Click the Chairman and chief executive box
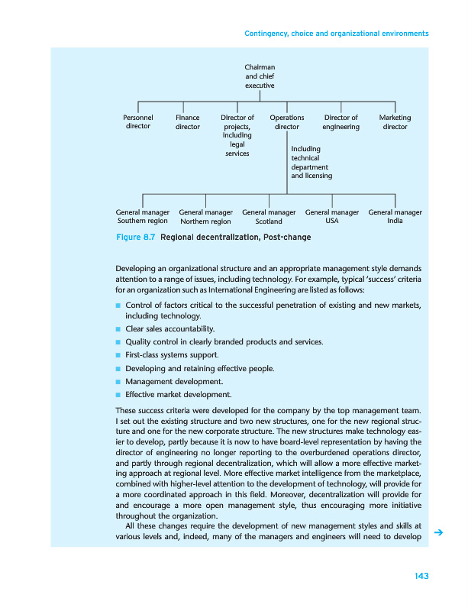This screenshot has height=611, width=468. click(259, 76)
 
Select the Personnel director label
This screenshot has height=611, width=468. click(138, 122)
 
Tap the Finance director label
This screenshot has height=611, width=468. click(188, 122)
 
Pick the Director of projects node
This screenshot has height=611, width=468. click(237, 136)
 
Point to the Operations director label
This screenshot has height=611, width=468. click(287, 122)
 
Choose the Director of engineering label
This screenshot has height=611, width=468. click(341, 122)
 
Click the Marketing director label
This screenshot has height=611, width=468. click(395, 122)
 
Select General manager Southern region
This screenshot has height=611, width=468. click(142, 216)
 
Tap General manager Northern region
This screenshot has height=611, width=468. click(205, 216)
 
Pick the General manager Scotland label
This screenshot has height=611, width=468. click(269, 216)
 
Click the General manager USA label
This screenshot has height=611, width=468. click(332, 216)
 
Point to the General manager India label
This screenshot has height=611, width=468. click(395, 216)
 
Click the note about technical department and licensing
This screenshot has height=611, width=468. click(311, 162)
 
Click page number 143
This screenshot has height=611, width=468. click(419, 575)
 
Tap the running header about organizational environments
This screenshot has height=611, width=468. click(336, 34)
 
